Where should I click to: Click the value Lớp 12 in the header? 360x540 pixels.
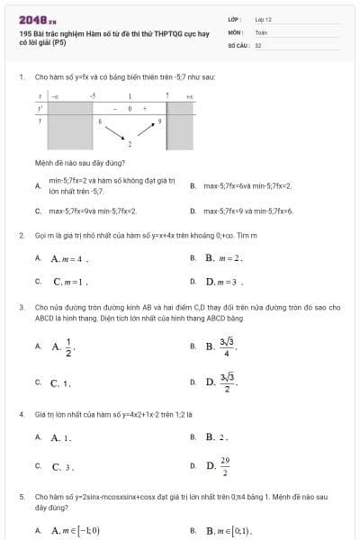pyautogui.click(x=263, y=19)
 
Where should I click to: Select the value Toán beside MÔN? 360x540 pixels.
pyautogui.click(x=261, y=31)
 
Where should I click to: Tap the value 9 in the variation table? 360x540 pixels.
pyautogui.click(x=160, y=119)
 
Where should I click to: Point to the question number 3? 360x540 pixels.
pyautogui.click(x=22, y=307)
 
